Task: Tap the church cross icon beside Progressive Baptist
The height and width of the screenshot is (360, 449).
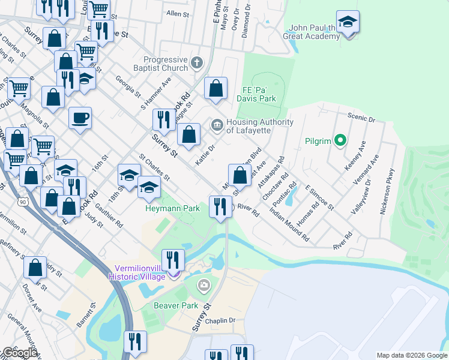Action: click(x=196, y=62)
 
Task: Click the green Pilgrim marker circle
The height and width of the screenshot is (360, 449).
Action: click(x=340, y=142)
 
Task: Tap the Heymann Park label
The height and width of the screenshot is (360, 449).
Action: click(x=172, y=208)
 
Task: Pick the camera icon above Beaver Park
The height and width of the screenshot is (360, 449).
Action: click(x=204, y=284)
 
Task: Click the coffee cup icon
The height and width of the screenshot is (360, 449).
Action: click(x=80, y=118)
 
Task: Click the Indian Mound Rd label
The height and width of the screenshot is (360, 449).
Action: click(x=289, y=225)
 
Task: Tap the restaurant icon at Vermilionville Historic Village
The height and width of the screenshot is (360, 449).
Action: click(x=173, y=260)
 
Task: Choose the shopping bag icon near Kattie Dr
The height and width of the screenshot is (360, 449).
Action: click(x=188, y=135)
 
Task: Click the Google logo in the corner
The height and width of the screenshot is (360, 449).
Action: click(x=20, y=353)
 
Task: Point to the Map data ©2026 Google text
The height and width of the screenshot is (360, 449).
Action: click(x=411, y=355)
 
